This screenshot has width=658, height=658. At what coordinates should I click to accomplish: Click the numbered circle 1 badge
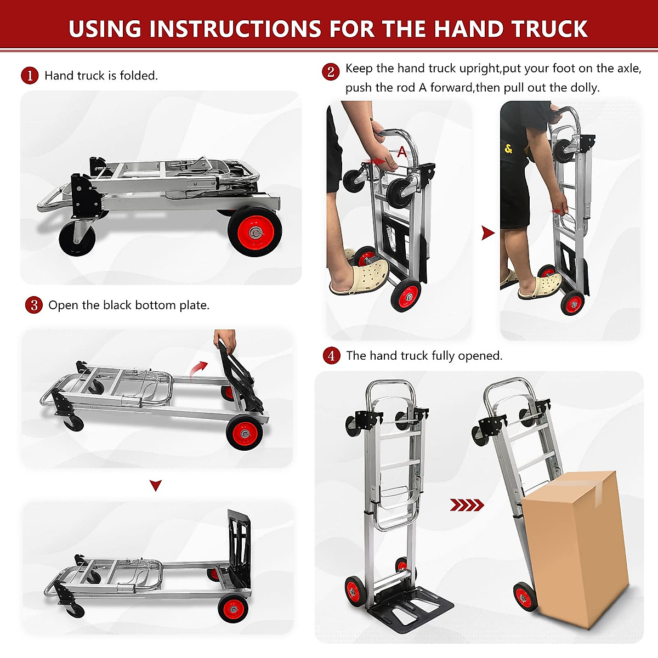tap(30, 76)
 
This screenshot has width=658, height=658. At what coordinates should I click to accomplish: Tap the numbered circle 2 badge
tap(331, 72)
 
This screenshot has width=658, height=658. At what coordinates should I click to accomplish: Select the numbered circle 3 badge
tap(34, 305)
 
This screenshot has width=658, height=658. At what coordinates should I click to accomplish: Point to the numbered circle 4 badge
tap(331, 356)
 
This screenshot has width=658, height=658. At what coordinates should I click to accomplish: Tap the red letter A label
tap(402, 152)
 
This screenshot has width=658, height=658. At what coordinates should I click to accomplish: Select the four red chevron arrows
tap(467, 505)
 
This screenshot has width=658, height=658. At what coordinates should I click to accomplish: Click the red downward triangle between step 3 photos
tap(156, 485)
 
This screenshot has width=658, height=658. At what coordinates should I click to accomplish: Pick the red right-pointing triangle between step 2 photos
tap(487, 233)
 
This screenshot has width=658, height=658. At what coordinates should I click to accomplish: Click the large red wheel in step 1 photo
tap(255, 232)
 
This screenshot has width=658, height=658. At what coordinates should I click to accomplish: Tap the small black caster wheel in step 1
tap(77, 239)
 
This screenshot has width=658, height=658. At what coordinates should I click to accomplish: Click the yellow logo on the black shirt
tap(508, 149)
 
